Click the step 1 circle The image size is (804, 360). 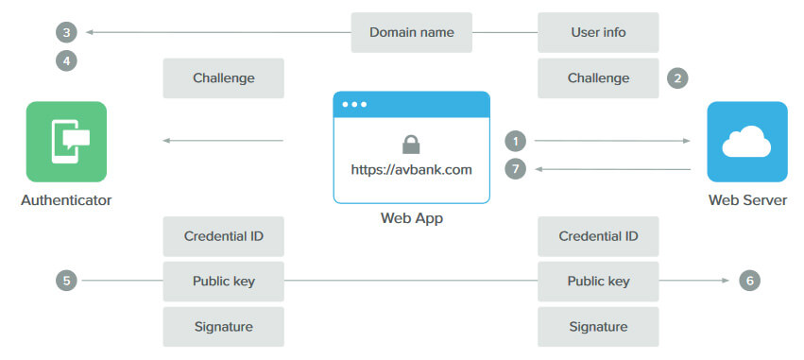coord(515,141)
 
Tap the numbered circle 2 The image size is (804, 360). coord(676,78)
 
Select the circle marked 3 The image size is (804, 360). coord(65,33)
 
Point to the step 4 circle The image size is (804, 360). coord(65,60)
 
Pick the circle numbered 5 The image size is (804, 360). coord(65,281)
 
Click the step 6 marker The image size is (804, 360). coord(749,281)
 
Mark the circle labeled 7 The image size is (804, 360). coord(515,169)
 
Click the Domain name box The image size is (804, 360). coord(411,32)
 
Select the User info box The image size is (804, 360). coord(598,32)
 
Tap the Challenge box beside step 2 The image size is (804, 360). coord(598,78)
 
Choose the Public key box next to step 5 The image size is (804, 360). coord(224,281)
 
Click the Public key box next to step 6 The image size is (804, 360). coord(598,281)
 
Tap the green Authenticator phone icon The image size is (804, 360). coord(66,142)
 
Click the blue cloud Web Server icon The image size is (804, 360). coord(746,142)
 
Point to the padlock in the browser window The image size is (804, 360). coord(411,144)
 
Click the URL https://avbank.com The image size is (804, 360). coord(411,170)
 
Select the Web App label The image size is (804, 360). coord(411,218)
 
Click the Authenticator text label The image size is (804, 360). coord(66,200)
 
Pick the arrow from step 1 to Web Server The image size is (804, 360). coord(612,141)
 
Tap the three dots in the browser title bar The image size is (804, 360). coord(356,104)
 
